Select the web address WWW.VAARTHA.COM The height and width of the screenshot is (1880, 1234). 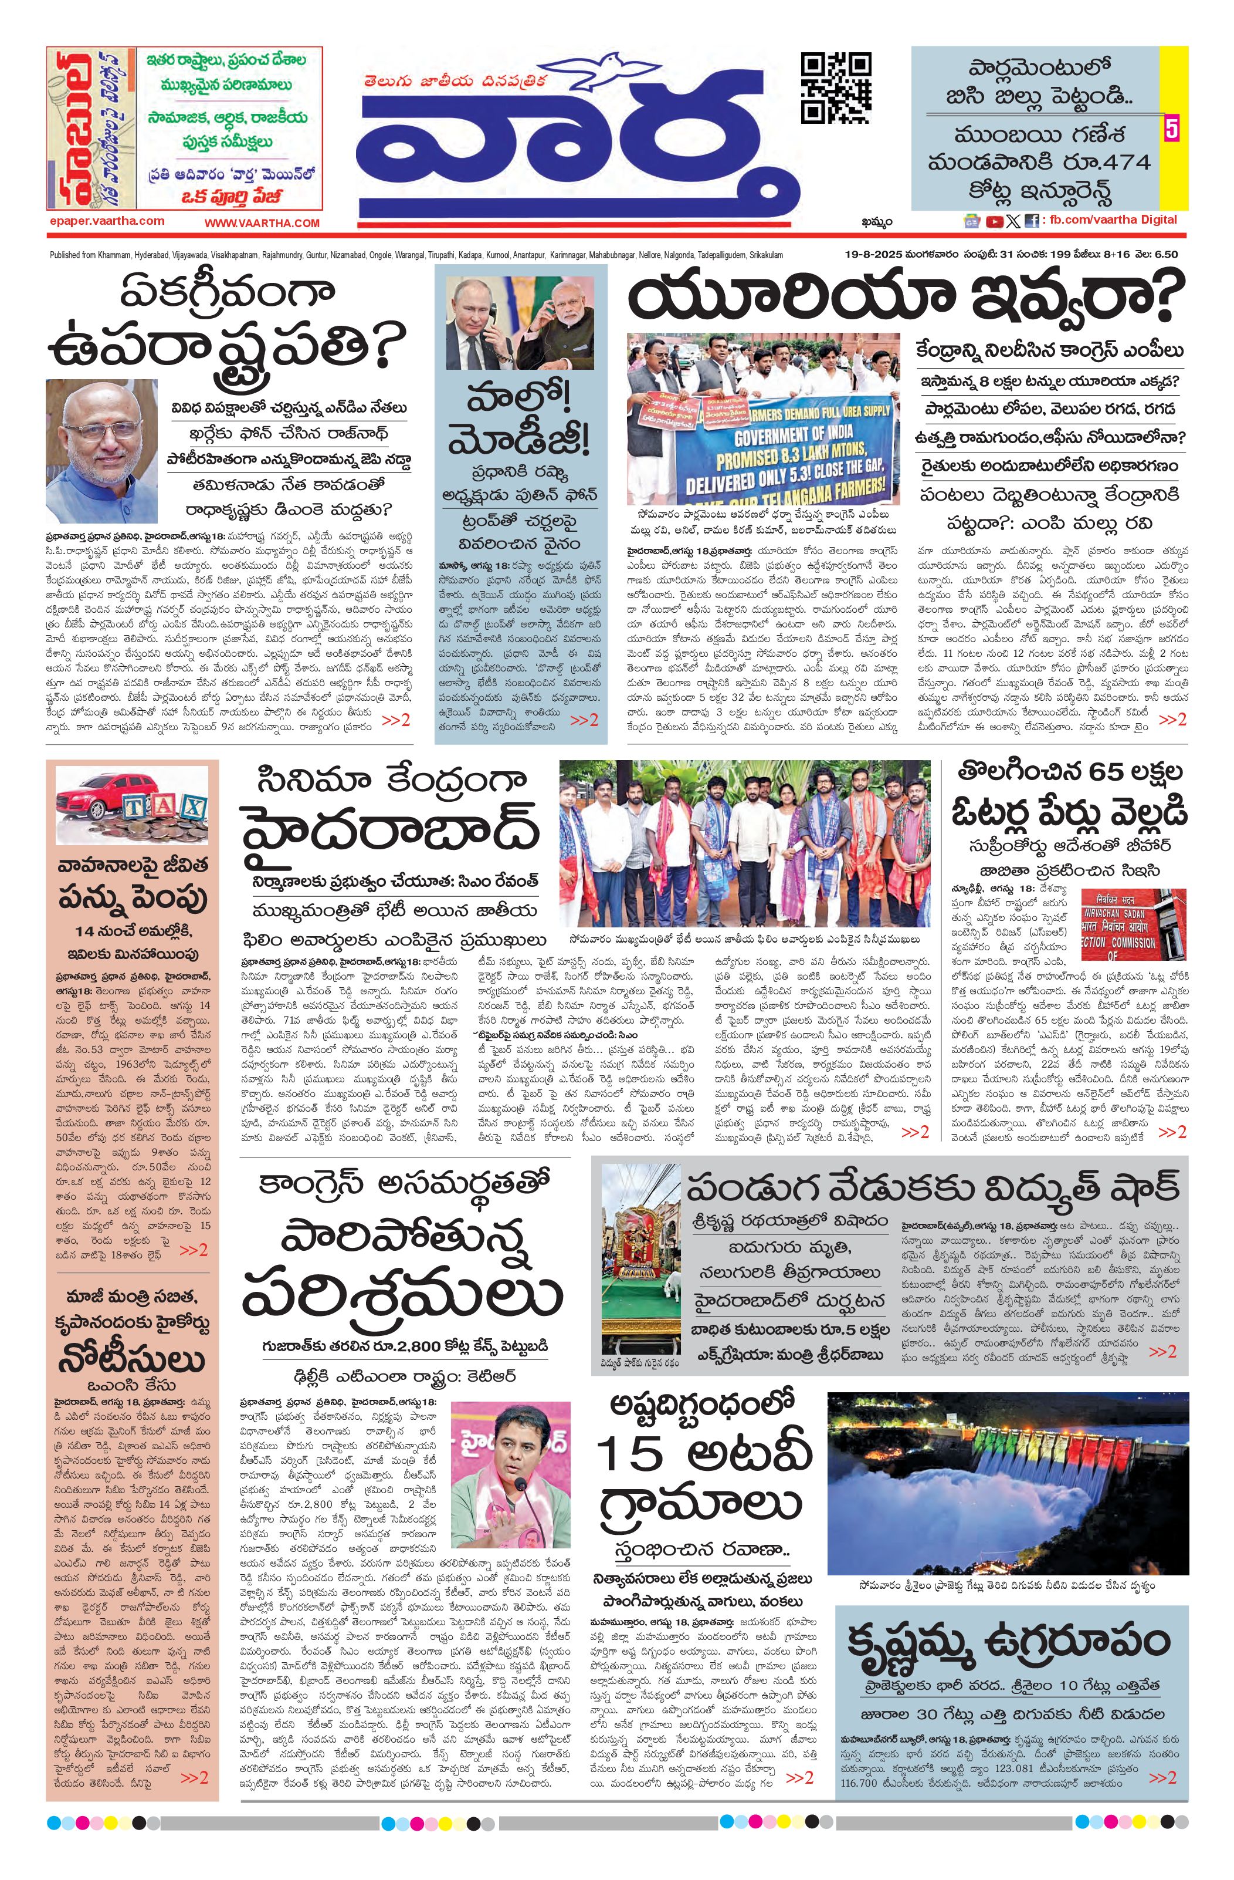(262, 224)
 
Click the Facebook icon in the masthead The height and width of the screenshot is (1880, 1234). (1031, 222)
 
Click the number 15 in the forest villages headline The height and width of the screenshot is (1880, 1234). (629, 1455)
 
